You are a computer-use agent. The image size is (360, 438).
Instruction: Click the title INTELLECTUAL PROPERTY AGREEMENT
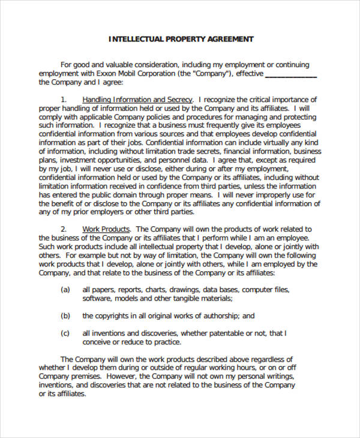[181, 39]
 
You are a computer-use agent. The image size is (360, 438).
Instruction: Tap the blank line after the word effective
[290, 74]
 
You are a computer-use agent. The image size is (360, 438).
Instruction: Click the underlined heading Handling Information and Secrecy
[137, 100]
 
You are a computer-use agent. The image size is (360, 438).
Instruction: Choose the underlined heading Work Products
[106, 229]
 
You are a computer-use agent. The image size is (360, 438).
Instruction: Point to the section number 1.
[64, 100]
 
